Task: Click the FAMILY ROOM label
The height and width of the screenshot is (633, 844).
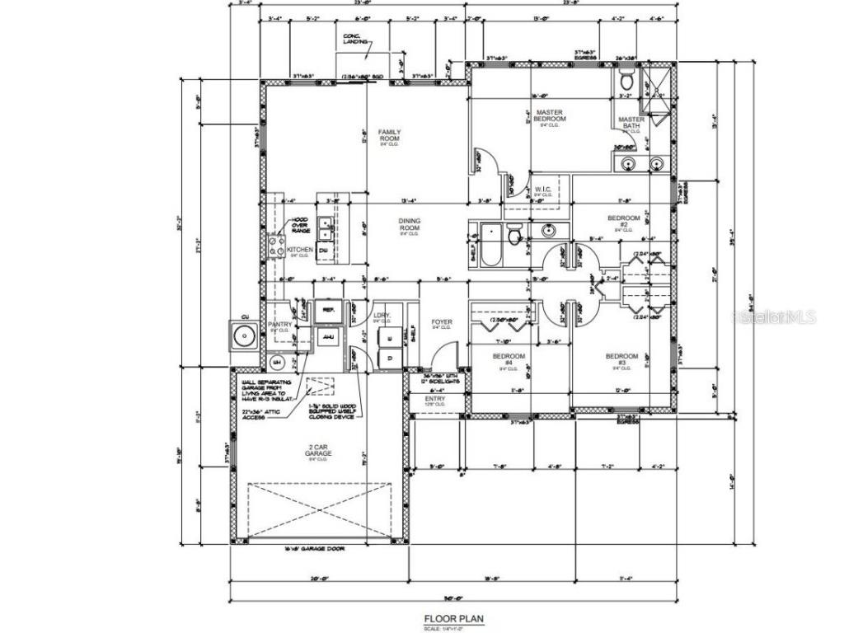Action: (388, 136)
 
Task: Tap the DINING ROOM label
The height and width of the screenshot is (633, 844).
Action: (410, 225)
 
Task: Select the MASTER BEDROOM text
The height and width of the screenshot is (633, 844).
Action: (549, 116)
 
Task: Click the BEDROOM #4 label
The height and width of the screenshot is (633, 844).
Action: (503, 359)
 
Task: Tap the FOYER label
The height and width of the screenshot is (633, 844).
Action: (443, 323)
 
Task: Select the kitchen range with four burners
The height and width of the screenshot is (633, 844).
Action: (276, 246)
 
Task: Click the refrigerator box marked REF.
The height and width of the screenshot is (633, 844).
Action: (328, 310)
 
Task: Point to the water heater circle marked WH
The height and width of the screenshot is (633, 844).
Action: (277, 362)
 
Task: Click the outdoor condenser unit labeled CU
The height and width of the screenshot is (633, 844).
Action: (245, 335)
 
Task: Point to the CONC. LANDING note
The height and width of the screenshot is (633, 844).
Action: (355, 40)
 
